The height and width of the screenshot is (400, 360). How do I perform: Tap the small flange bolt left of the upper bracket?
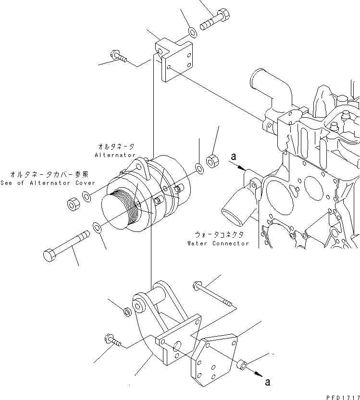(118, 56)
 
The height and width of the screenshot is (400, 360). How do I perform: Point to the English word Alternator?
(115, 155)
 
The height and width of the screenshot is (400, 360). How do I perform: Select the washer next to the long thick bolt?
(96, 226)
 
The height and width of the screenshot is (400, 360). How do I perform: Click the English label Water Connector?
(218, 243)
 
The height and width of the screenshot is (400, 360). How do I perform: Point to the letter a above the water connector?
(234, 157)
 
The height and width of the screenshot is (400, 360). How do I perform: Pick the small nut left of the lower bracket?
(127, 312)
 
